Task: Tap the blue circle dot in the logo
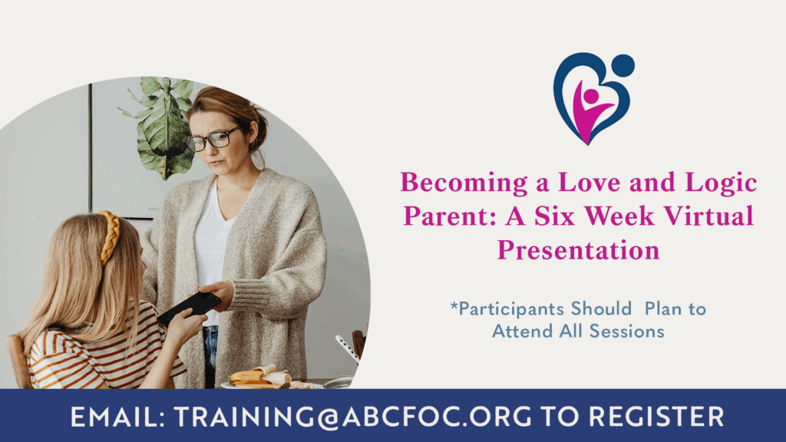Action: pyautogui.click(x=623, y=66)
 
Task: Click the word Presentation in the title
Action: pyautogui.click(x=579, y=250)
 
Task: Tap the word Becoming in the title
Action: pyautogui.click(x=464, y=183)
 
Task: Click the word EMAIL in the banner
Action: pyautogui.click(x=117, y=417)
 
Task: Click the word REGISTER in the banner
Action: pyautogui.click(x=656, y=417)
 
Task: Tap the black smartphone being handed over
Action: pyautogui.click(x=190, y=309)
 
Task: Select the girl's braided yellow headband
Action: pyautogui.click(x=111, y=236)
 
